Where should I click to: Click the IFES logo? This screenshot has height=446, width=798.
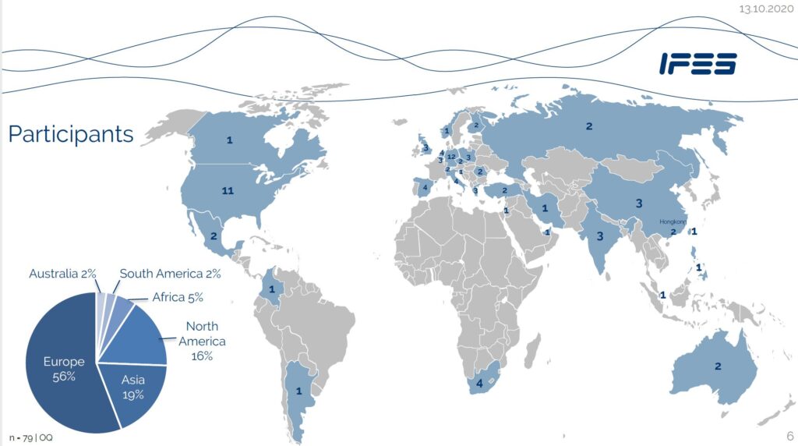click(x=697, y=64)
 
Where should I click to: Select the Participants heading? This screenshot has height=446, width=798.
click(x=71, y=134)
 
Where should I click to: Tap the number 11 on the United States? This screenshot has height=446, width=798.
click(x=228, y=190)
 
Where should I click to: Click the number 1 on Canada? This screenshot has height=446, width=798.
click(x=229, y=140)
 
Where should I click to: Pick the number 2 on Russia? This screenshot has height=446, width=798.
click(x=589, y=126)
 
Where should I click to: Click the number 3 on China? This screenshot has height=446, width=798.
click(x=638, y=204)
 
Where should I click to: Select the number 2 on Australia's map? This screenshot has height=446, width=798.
click(x=719, y=366)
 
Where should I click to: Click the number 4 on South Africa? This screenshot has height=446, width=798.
click(x=479, y=384)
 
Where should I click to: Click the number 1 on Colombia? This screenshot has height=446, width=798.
click(x=272, y=289)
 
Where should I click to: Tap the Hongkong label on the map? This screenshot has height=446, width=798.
click(x=674, y=221)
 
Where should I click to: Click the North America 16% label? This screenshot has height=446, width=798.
click(x=202, y=341)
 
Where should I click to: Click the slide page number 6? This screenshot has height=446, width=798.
click(x=789, y=436)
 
